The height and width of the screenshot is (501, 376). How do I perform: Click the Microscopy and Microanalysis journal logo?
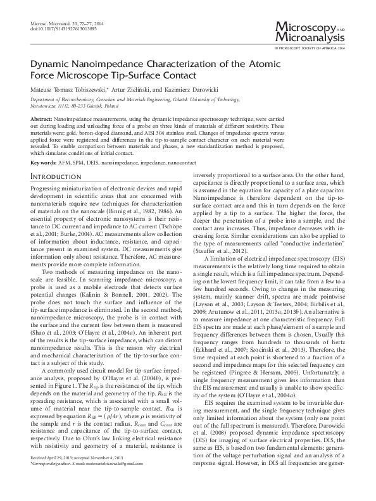tap(313, 32)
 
